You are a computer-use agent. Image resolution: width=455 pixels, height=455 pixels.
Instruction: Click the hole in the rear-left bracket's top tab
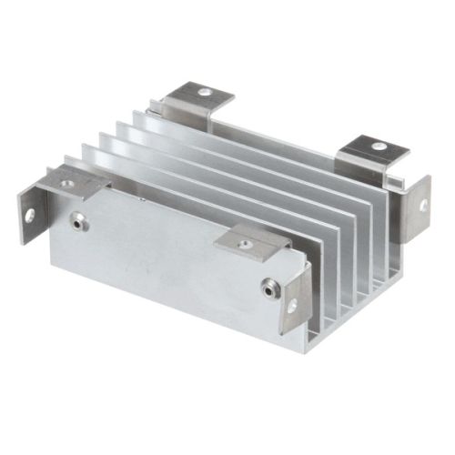point(207,92)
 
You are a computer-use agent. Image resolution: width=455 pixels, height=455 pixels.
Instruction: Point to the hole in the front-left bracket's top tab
point(67,183)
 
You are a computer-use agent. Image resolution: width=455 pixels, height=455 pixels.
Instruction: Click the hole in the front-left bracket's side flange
point(29,216)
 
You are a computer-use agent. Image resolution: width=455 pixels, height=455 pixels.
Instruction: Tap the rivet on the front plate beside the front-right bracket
point(268,288)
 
